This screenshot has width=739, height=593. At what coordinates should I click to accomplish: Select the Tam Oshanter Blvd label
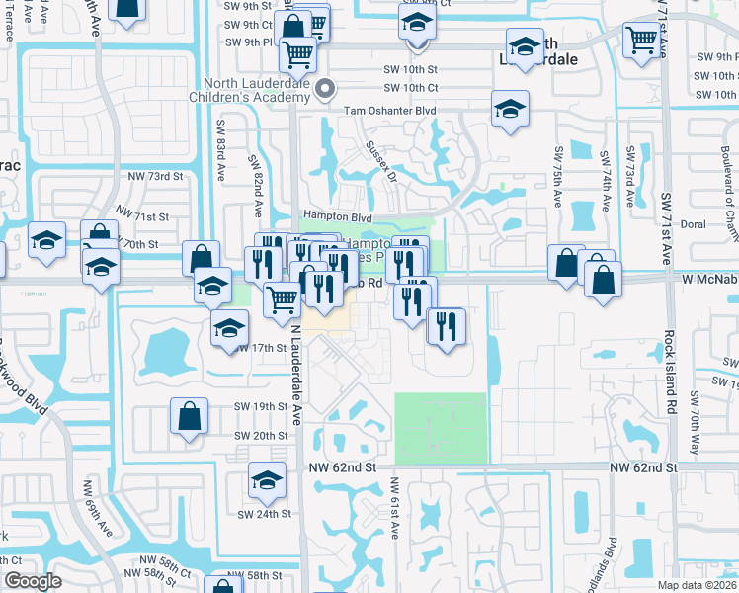click(389, 112)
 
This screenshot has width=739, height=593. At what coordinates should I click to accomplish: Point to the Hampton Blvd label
click(337, 216)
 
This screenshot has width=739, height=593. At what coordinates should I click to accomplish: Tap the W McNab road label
click(709, 280)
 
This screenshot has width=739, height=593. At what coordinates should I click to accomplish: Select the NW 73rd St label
click(156, 176)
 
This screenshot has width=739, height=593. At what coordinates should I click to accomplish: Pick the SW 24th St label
click(264, 514)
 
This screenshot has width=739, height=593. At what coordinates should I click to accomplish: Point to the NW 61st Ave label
click(393, 509)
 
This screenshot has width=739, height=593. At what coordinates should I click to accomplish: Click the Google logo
click(33, 581)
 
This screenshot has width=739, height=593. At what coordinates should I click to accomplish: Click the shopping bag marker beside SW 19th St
click(189, 416)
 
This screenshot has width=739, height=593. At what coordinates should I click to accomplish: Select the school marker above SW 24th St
click(266, 479)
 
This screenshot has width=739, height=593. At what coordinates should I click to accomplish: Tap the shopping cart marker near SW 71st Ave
click(642, 40)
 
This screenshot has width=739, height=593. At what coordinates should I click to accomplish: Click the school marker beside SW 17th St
click(229, 328)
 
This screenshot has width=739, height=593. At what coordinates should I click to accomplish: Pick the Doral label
click(693, 224)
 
